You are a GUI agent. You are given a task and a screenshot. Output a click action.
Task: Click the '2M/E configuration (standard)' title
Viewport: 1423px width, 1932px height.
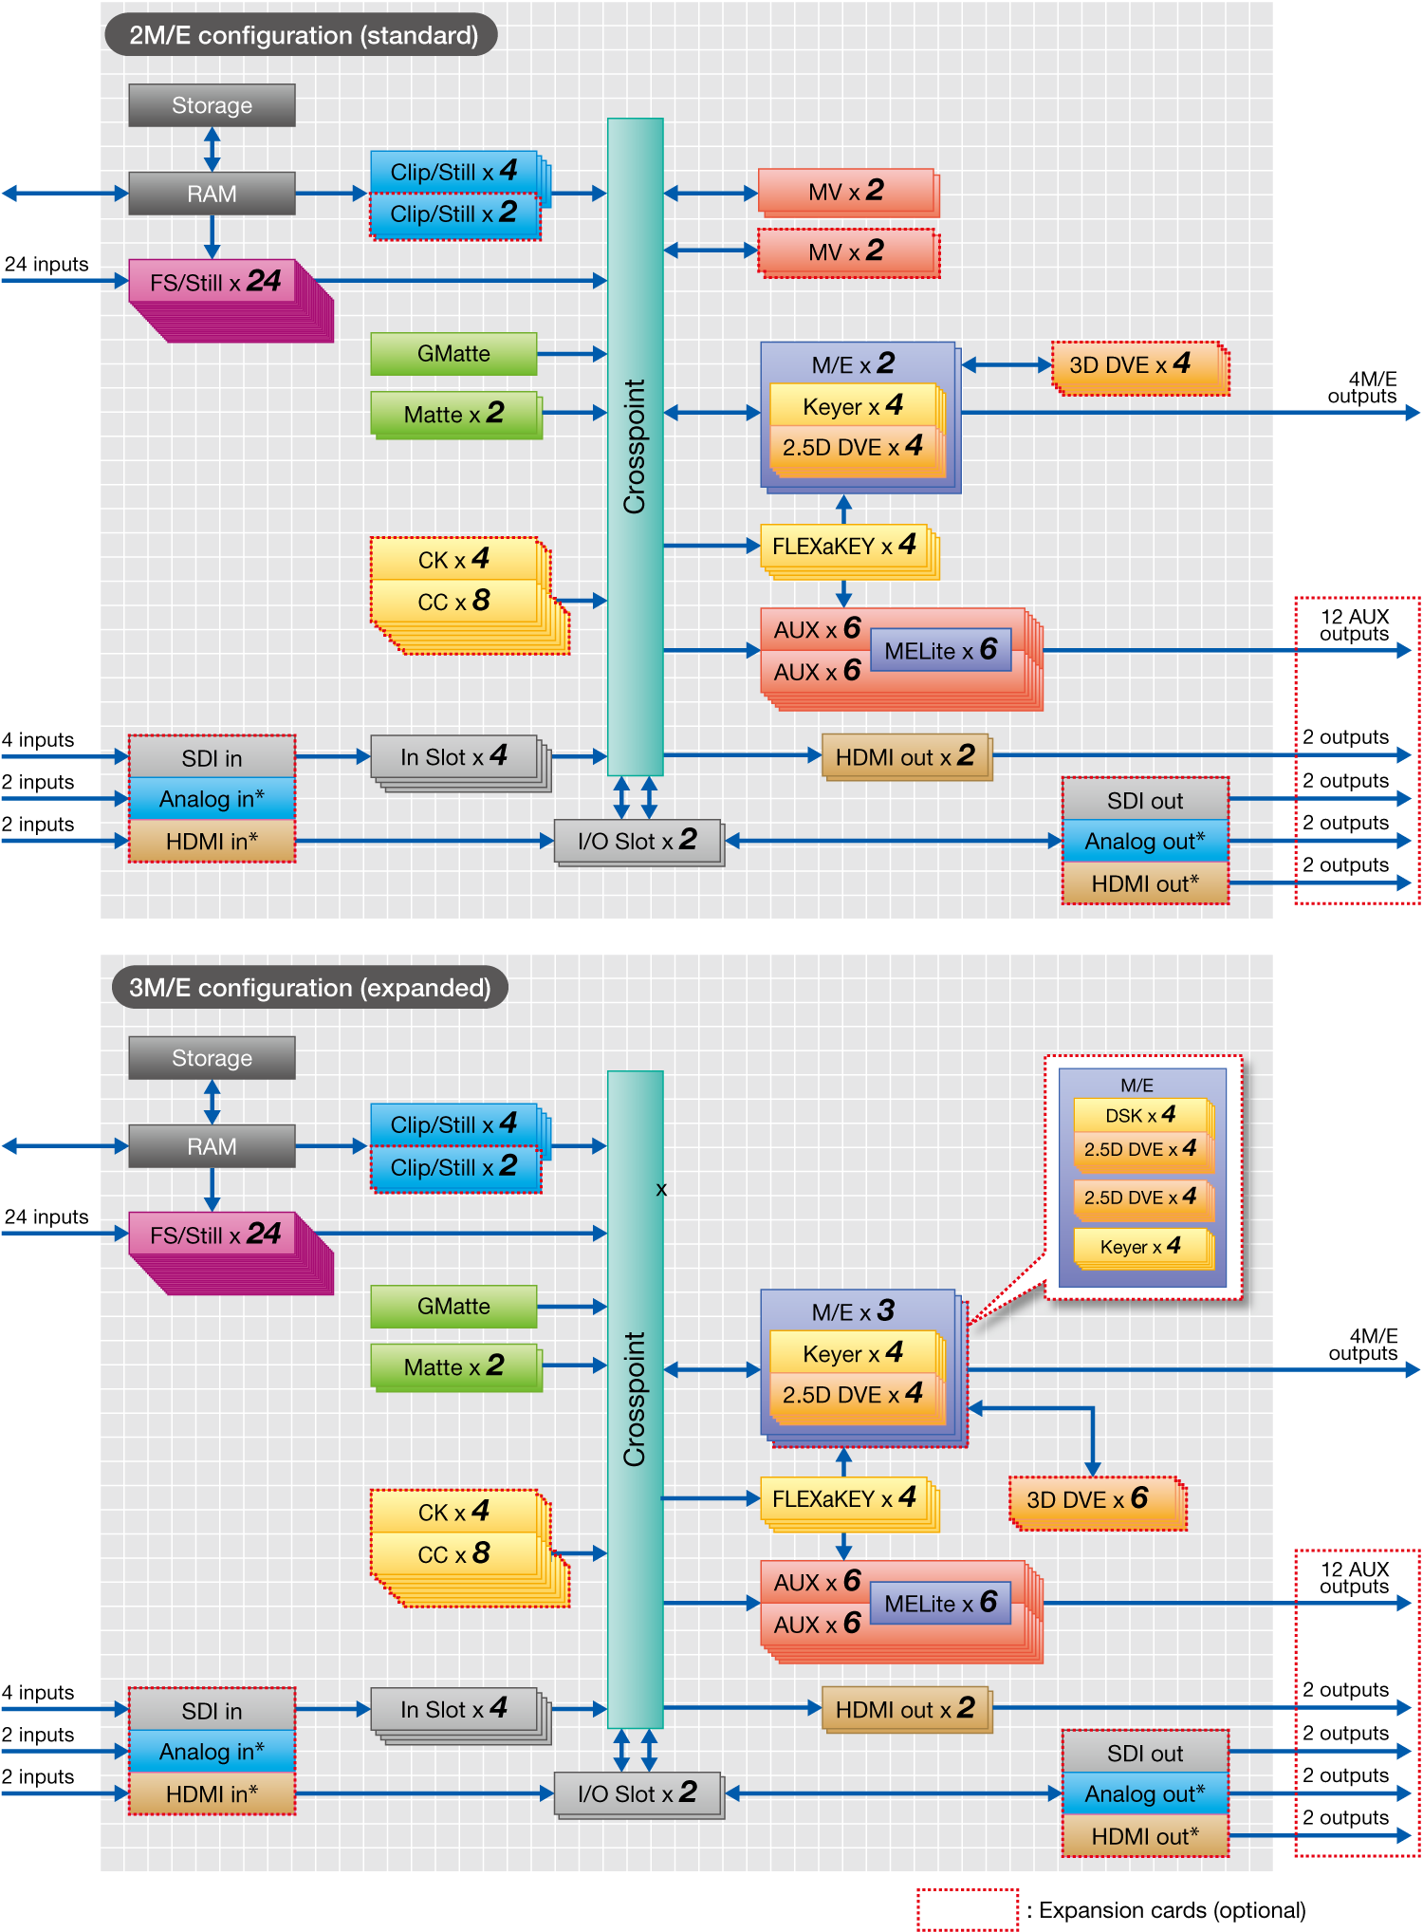coord(302,35)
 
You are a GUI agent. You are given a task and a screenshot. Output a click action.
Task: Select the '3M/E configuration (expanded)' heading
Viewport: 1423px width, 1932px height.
coord(309,988)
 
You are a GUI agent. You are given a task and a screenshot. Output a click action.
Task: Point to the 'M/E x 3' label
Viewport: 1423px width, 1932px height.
coord(853,1311)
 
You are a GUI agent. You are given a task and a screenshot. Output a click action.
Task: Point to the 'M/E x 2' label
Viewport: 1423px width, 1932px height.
coord(853,363)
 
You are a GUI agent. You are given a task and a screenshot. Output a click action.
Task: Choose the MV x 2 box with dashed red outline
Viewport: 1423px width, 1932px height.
coord(847,251)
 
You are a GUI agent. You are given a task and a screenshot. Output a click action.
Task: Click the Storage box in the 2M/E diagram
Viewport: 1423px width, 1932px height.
coord(212,105)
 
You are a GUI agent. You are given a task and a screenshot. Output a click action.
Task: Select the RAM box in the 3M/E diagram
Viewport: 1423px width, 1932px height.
coord(212,1146)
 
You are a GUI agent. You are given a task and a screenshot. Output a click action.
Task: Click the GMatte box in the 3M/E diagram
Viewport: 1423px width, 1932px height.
coord(453,1307)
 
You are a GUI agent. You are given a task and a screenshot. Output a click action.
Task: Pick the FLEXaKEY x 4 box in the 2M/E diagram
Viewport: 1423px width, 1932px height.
coord(843,546)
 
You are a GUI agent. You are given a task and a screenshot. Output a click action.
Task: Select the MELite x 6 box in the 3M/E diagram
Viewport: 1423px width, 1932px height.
coord(939,1603)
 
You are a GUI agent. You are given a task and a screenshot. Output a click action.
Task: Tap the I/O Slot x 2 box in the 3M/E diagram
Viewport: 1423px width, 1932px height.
coord(637,1793)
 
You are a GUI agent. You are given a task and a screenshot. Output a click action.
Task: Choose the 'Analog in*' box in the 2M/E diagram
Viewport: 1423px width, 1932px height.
coord(212,799)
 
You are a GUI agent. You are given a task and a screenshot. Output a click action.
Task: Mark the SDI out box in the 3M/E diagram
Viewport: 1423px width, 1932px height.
coord(1145,1754)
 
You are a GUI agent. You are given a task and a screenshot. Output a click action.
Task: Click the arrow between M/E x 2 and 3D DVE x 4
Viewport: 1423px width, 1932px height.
coord(1007,364)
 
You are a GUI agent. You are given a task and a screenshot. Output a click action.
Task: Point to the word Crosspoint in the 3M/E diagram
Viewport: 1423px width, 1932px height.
coord(635,1399)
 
